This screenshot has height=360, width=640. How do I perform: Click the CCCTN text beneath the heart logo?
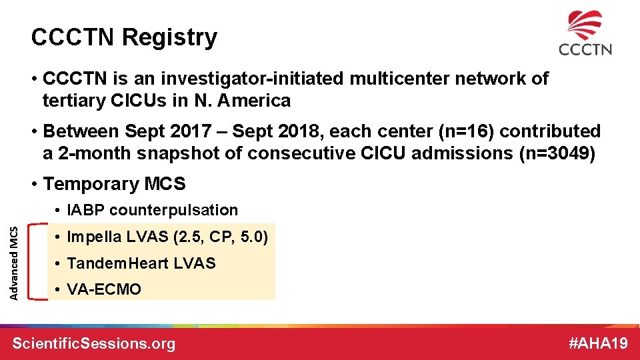pos(585,49)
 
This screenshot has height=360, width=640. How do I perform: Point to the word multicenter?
pos(417,79)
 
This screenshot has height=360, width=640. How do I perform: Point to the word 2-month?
pos(95,153)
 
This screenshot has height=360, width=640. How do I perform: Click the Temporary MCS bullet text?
pos(113,183)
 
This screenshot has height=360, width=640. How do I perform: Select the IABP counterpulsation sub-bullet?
pos(152,210)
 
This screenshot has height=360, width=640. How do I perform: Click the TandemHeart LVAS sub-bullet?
pos(141,263)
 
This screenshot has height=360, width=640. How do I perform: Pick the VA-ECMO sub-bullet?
pos(104,289)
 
